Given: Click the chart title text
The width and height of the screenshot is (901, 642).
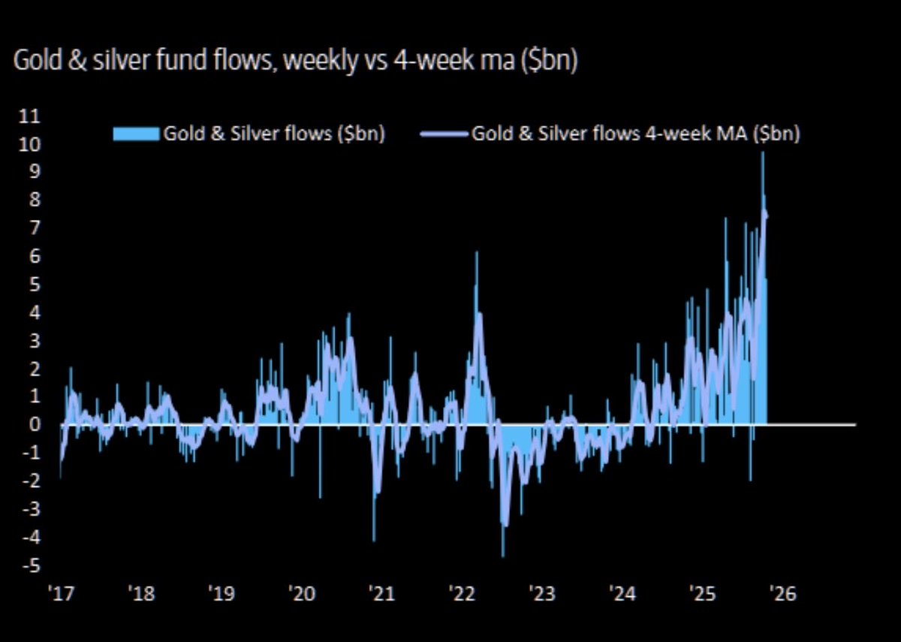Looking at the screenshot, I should point(295,61).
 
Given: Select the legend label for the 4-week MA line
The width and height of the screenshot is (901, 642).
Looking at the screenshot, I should point(635,134).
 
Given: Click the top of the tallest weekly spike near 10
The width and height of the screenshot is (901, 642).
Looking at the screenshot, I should point(763,153).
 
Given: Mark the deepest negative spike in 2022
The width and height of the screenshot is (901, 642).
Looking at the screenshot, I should point(502,556).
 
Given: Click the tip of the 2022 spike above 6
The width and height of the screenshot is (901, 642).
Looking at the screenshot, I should point(476,253).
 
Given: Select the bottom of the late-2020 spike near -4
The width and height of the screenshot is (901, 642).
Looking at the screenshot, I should point(374,540).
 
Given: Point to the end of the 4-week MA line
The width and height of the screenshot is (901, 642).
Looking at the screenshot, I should point(766,217).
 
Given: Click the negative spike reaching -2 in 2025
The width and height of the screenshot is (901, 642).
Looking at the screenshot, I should point(750,480).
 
